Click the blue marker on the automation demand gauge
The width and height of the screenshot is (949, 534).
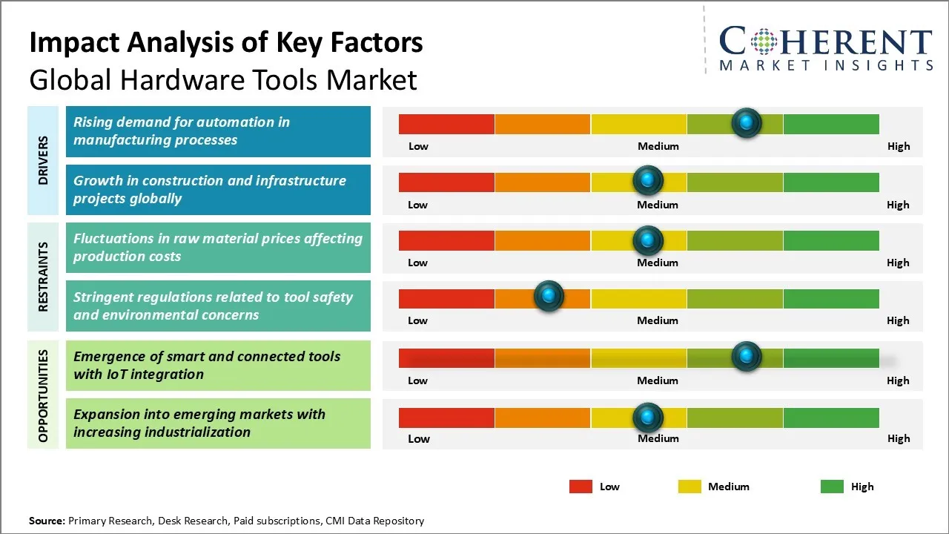point(746,122)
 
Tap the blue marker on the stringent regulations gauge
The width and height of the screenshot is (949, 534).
point(549,296)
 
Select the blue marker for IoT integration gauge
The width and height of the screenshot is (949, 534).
point(746,357)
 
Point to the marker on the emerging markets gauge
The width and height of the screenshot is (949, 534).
point(648,418)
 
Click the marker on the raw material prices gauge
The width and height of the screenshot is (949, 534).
point(648,240)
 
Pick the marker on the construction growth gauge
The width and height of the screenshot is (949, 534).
point(648,180)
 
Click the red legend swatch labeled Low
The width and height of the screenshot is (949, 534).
point(581,487)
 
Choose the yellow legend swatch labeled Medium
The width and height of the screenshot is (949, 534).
point(690,487)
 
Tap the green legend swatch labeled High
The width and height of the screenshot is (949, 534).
point(832,487)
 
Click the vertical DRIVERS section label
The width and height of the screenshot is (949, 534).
point(43,160)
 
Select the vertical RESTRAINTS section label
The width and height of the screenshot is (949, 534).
point(43,277)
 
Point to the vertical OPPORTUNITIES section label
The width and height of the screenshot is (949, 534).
point(43,395)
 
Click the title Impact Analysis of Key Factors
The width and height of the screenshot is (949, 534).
point(226,43)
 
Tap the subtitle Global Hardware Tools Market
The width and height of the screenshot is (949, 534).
point(223,79)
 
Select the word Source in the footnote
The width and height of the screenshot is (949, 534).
point(46,521)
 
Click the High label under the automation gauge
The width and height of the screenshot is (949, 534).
point(898,146)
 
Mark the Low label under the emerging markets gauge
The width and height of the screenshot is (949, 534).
point(418,438)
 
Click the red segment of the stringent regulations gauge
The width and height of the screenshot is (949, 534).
point(446,298)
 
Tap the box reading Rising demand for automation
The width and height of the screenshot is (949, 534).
point(218,131)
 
